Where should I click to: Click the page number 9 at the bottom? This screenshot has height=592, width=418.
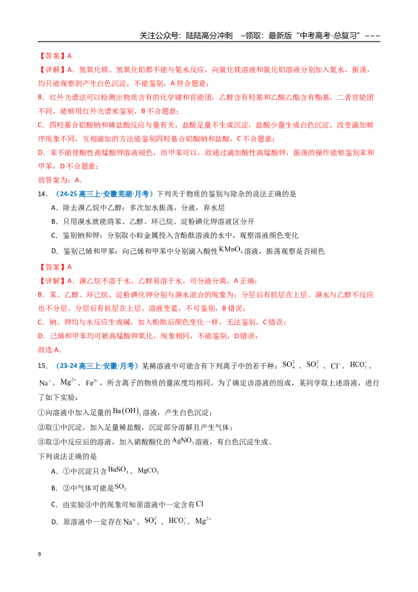39,554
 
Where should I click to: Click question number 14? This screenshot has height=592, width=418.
43,194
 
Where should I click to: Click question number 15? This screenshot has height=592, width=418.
43,366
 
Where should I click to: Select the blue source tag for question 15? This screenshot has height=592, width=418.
97,366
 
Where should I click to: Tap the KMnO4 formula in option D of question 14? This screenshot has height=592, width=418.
230,250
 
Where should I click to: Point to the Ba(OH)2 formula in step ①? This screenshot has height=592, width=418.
126,412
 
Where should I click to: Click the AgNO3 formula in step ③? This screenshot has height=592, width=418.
182,441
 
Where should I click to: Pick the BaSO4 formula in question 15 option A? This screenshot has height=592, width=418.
118,470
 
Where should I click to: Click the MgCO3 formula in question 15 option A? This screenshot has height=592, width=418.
148,471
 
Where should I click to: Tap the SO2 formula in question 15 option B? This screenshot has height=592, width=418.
120,487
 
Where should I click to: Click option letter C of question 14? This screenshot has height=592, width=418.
54,235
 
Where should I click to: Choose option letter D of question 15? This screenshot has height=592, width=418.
54,522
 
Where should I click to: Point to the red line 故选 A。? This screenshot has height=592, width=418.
50,350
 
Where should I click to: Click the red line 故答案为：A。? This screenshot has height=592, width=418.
61,180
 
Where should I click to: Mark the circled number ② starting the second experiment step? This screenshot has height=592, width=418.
41,427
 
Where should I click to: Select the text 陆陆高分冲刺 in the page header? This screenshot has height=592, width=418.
210,36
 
